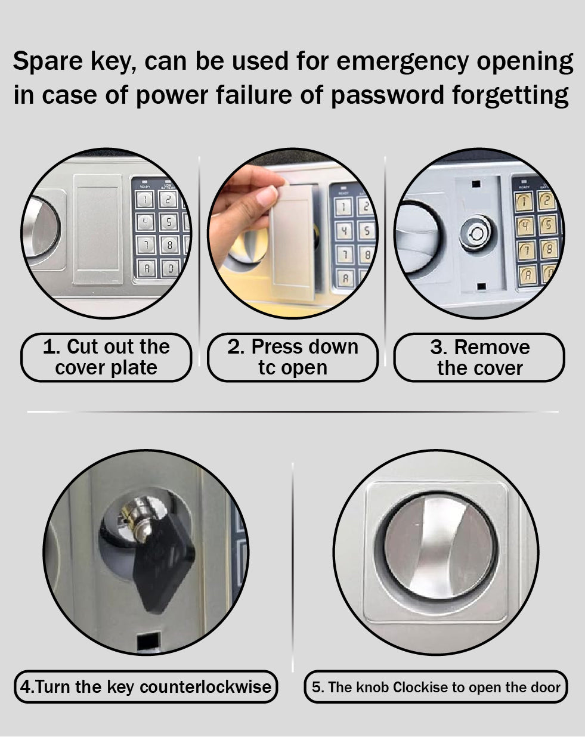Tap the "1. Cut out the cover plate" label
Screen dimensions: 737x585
[106, 357]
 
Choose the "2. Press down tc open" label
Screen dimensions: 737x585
[292, 357]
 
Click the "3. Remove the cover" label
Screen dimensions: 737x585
[479, 357]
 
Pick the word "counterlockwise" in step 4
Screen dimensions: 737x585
[206, 687]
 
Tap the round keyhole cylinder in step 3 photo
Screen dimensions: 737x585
[475, 232]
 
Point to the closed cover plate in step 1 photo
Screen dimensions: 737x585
[98, 229]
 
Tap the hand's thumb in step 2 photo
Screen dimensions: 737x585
[267, 197]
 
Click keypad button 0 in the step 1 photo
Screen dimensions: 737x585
[169, 268]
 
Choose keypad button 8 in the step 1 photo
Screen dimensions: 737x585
[169, 244]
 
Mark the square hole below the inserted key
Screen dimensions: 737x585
[147, 642]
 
